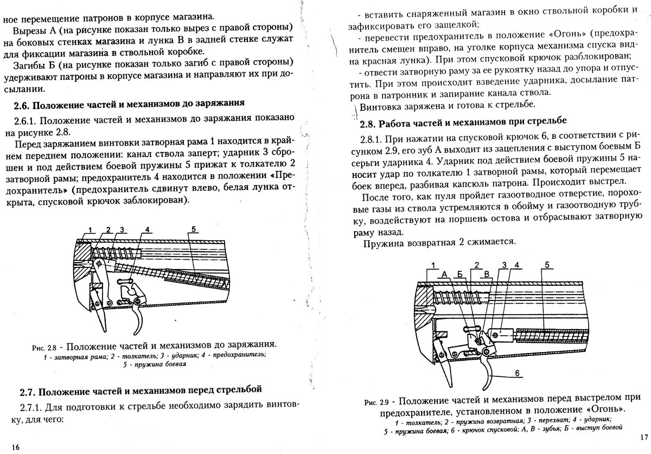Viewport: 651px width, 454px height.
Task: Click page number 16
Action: click(16, 447)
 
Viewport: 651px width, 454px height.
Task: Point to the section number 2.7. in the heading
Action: click(29, 390)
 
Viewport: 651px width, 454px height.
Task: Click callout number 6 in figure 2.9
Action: click(517, 373)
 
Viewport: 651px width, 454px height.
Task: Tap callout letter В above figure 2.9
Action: click(487, 273)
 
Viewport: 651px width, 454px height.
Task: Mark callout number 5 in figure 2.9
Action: click(547, 265)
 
